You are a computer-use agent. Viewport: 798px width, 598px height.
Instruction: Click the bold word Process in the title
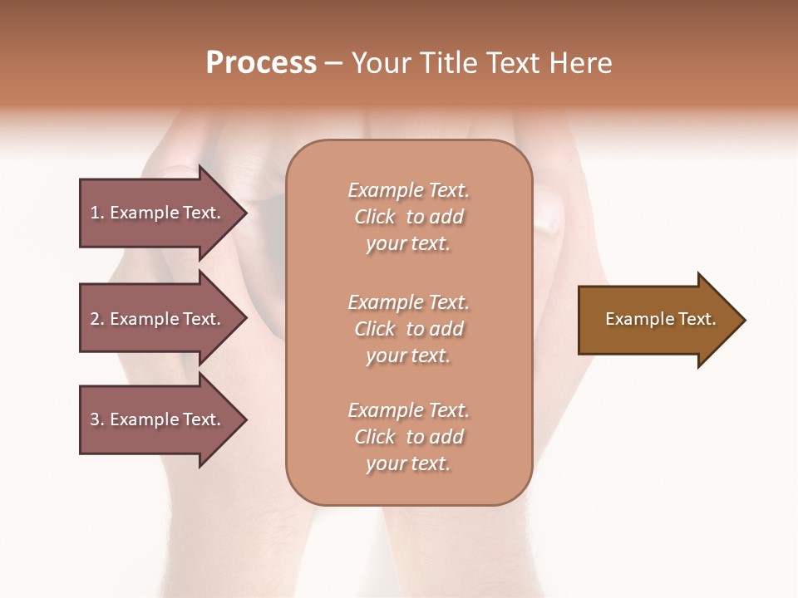[261, 63]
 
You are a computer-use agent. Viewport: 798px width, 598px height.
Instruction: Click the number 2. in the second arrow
[96, 319]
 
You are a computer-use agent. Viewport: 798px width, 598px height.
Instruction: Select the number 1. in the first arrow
[96, 213]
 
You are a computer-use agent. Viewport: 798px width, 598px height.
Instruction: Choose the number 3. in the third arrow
[96, 419]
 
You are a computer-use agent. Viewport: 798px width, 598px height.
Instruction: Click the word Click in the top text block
[375, 217]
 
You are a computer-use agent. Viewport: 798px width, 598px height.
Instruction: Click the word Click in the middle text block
[375, 329]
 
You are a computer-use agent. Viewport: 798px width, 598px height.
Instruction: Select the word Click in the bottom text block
[375, 437]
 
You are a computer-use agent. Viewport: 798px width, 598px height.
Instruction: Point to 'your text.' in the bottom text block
[408, 463]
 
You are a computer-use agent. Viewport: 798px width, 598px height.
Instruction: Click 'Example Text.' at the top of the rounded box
[408, 190]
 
